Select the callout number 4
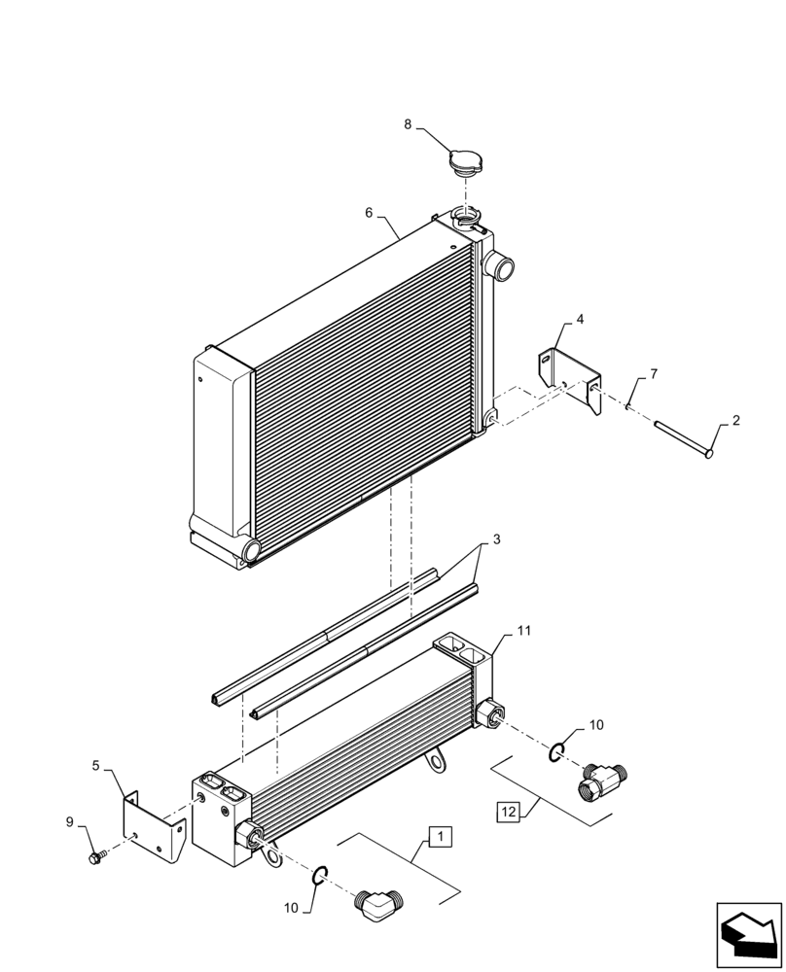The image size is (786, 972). click(x=580, y=319)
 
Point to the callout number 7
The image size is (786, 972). click(x=655, y=373)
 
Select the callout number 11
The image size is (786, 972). click(x=524, y=631)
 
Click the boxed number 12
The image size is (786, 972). click(x=510, y=810)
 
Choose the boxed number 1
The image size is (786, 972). click(x=439, y=834)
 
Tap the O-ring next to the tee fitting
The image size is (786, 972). click(x=557, y=750)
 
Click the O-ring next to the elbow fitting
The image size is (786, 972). click(x=321, y=877)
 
